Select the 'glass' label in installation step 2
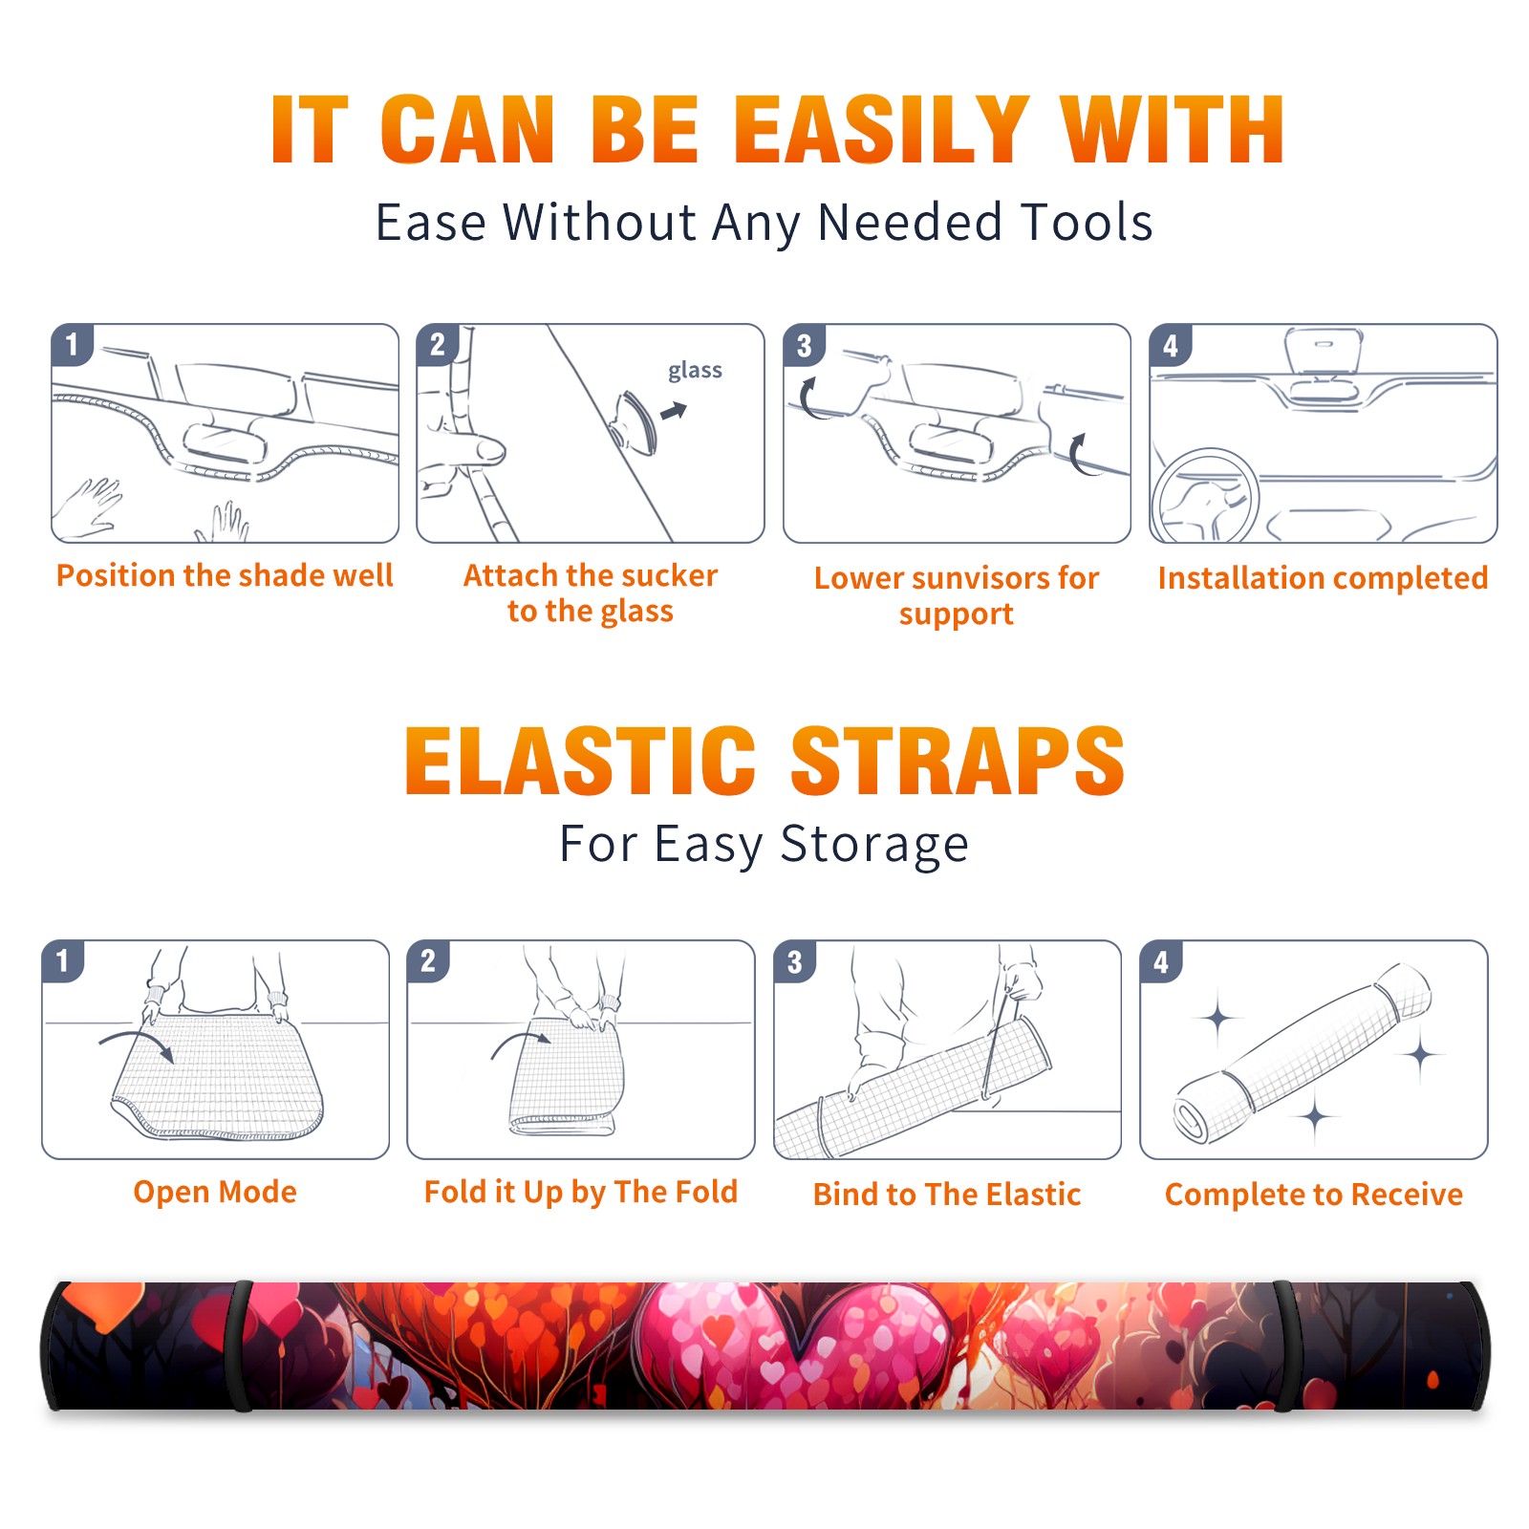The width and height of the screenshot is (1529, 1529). point(695,371)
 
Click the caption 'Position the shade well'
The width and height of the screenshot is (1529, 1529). point(225,575)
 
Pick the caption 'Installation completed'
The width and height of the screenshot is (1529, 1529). point(1323,577)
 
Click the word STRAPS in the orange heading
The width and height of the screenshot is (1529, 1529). point(958,761)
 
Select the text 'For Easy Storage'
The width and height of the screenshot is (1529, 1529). point(764,844)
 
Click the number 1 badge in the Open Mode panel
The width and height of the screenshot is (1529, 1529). point(63,960)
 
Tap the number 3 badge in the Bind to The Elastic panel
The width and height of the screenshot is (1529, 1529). point(795,961)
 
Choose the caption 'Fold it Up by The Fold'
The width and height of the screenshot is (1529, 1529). point(581,1192)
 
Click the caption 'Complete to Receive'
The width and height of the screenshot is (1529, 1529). point(1314,1194)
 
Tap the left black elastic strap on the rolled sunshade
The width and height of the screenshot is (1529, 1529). point(240,1346)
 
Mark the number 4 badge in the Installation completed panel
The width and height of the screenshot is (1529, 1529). point(1171,345)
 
